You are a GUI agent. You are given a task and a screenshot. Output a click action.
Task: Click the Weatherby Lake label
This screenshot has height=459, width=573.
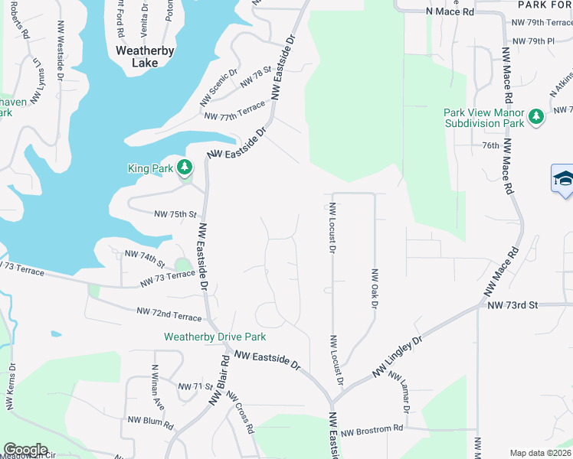click(145, 57)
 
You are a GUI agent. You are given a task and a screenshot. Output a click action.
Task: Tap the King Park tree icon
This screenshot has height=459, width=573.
click(184, 167)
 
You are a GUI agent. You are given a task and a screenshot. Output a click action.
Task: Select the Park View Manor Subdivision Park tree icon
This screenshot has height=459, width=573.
click(538, 115)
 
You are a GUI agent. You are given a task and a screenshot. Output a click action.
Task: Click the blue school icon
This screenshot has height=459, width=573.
click(564, 179)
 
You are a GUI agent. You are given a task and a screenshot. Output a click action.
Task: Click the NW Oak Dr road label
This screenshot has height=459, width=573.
click(375, 288)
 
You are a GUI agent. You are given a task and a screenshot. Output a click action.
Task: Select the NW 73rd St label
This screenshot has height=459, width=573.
click(513, 304)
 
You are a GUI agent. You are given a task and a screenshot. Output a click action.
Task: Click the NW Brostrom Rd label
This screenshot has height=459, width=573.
click(372, 431)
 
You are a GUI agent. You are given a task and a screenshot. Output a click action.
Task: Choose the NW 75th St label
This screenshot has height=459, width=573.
click(175, 215)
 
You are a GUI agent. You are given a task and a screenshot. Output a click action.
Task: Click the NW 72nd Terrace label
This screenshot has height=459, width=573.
click(169, 313)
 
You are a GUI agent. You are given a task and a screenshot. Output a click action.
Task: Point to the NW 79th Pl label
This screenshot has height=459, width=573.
click(533, 41)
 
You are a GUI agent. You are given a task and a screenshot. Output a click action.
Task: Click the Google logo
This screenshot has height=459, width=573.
click(25, 450)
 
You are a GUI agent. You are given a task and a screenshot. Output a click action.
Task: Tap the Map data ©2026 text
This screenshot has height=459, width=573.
click(540, 453)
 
